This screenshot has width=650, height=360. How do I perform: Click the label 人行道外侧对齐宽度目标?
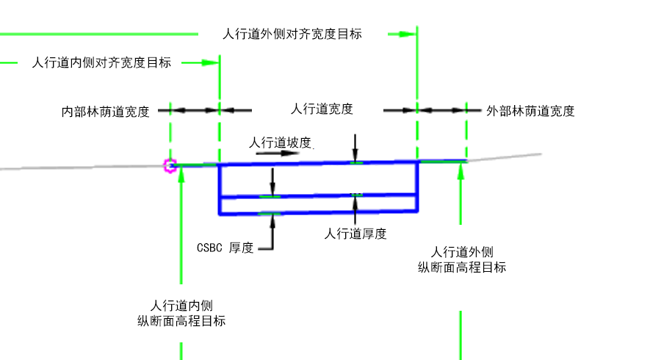pos(292,34)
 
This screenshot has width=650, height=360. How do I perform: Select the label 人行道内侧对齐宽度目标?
pos(101,62)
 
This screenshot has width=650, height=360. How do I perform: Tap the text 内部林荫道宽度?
pos(105,112)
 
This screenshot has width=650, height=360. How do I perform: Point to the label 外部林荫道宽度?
pos(530,111)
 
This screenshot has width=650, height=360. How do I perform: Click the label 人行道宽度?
pos(322,109)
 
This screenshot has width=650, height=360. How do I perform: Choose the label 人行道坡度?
pos(280,143)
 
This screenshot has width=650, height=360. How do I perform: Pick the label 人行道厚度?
pos(355,234)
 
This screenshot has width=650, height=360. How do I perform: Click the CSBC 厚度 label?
pos(225,248)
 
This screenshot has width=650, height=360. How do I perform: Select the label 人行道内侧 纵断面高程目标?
pos(181,313)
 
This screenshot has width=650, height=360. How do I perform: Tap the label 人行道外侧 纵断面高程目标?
pos(462,259)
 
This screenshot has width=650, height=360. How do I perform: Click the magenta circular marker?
pos(170,165)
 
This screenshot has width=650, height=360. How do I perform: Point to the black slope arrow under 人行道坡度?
pos(278,153)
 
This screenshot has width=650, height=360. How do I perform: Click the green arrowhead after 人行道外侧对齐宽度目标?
pos(408,34)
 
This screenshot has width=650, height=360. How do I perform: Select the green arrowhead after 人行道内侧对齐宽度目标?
pos(210,62)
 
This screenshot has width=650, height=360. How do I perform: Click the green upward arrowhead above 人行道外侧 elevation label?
pos(461,170)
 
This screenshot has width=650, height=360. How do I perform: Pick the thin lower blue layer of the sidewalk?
pos(318,204)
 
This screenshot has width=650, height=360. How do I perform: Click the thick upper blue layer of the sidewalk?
pos(318,179)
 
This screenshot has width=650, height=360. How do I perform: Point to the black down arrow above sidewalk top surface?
pos(355,147)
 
